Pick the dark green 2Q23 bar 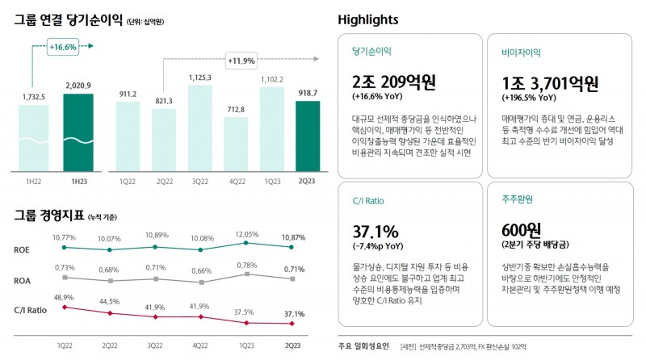[x=307, y=136]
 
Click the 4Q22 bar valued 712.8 [x=235, y=144]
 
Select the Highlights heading [x=367, y=19]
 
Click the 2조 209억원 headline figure [x=394, y=82]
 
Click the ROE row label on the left [x=23, y=249]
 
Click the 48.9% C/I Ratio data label [x=64, y=298]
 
